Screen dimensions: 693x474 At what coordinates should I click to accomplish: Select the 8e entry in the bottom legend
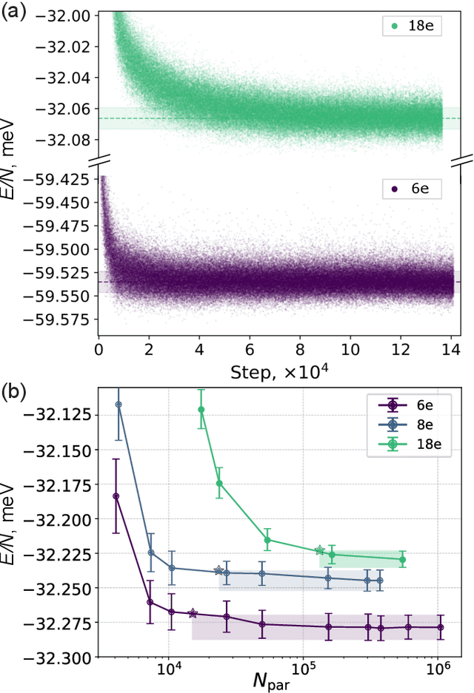click(x=418, y=424)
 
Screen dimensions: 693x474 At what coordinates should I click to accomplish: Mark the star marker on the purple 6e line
click(x=193, y=613)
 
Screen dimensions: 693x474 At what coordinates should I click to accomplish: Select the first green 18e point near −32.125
click(x=201, y=409)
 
